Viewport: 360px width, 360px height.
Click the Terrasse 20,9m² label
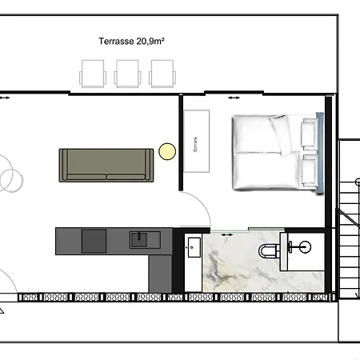131,41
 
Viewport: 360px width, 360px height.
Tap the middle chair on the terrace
127,74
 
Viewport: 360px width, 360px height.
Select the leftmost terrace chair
93,74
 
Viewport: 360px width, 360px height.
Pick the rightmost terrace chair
162,74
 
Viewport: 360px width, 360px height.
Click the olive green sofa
106,166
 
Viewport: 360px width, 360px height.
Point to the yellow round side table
167,151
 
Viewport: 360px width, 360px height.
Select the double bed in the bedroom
278,152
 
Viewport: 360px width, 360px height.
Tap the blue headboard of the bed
320,153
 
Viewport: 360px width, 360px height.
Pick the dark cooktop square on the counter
94,241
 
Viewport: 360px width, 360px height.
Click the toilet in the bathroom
269,251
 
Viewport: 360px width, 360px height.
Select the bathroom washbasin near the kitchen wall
194,247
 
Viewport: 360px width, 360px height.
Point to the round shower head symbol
305,246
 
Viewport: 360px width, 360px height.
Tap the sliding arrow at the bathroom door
227,234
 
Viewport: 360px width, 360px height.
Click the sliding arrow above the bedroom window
234,98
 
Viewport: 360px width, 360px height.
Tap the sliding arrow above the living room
4,98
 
